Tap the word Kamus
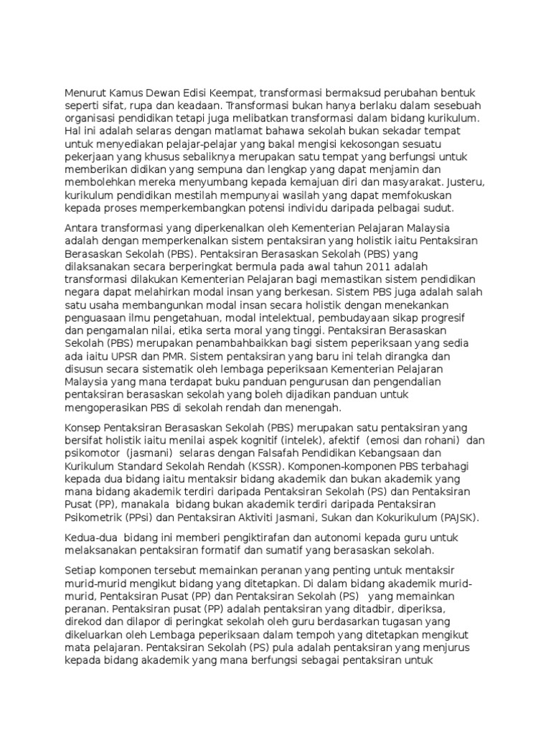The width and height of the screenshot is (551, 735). [127, 93]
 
